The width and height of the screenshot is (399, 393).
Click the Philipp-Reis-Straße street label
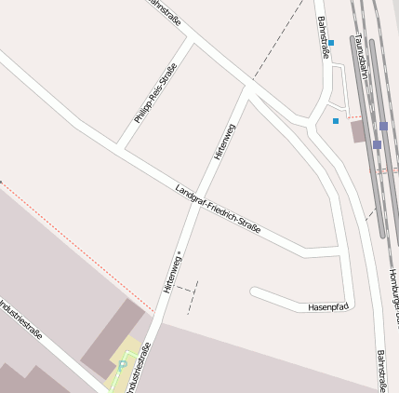pyautogui.click(x=155, y=93)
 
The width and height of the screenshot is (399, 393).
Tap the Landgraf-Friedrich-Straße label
pyautogui.click(x=218, y=209)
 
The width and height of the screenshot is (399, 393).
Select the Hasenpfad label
pyautogui.click(x=327, y=306)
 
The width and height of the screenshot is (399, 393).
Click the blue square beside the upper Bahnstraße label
pyautogui.click(x=331, y=43)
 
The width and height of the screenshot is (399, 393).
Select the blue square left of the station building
pyautogui.click(x=336, y=120)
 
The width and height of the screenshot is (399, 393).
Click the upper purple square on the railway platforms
pyautogui.click(x=383, y=126)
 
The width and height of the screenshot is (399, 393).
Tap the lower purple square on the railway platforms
pyautogui.click(x=377, y=144)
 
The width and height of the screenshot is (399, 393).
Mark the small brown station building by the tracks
pyautogui.click(x=358, y=130)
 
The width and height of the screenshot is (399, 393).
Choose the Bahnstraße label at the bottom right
pyautogui.click(x=381, y=371)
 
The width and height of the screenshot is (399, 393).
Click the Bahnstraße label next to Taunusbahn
pyautogui.click(x=323, y=37)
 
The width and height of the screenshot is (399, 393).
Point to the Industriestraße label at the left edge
pyautogui.click(x=20, y=319)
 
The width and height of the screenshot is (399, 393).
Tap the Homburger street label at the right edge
pyautogui.click(x=393, y=293)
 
